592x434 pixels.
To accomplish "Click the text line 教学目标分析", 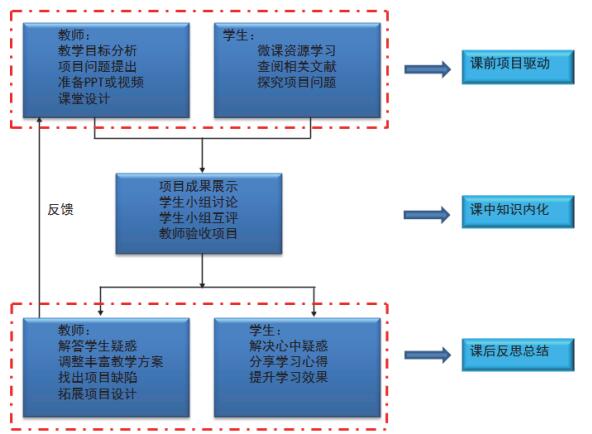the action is (x=97, y=50).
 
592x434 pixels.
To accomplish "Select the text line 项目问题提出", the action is (x=97, y=66).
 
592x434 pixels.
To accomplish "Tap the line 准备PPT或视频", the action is (x=101, y=82).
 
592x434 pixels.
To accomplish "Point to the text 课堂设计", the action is (x=83, y=98).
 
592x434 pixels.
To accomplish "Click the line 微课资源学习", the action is (x=296, y=50).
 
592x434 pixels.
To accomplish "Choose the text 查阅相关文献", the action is (x=296, y=66).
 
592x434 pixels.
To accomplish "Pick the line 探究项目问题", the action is (x=296, y=82).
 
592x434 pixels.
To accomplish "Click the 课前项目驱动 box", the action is (x=518, y=67).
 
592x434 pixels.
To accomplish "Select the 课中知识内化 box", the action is (x=518, y=212).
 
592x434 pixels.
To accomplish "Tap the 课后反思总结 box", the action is (x=518, y=355).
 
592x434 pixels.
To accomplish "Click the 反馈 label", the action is (x=60, y=209).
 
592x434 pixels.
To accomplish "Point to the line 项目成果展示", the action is (x=199, y=186).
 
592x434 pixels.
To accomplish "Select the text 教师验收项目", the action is (x=199, y=233).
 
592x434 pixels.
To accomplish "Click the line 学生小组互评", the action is (x=199, y=218).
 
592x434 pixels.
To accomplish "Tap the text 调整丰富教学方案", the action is (x=111, y=362).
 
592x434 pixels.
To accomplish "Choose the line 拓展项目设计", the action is (x=97, y=394).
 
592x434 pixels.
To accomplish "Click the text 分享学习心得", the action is (x=288, y=362).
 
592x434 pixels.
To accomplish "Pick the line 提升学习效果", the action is (x=288, y=377).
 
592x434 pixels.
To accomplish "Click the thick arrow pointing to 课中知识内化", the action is (x=427, y=215).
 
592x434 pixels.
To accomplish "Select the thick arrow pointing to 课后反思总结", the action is (x=428, y=355).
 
